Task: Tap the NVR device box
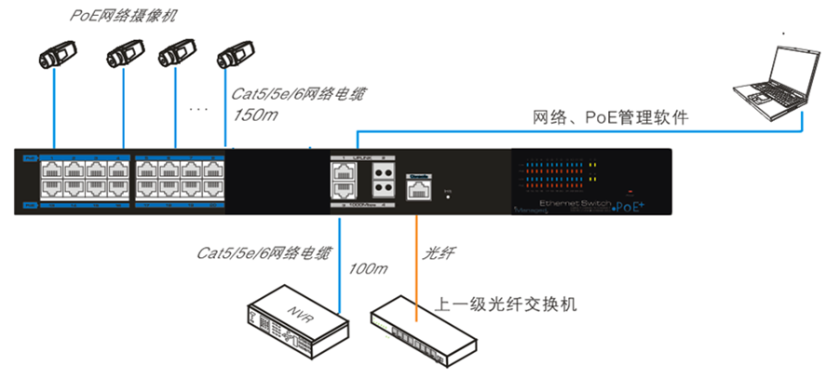pyautogui.click(x=293, y=318)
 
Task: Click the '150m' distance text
pyautogui.click(x=253, y=116)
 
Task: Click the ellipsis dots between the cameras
pyautogui.click(x=197, y=109)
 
